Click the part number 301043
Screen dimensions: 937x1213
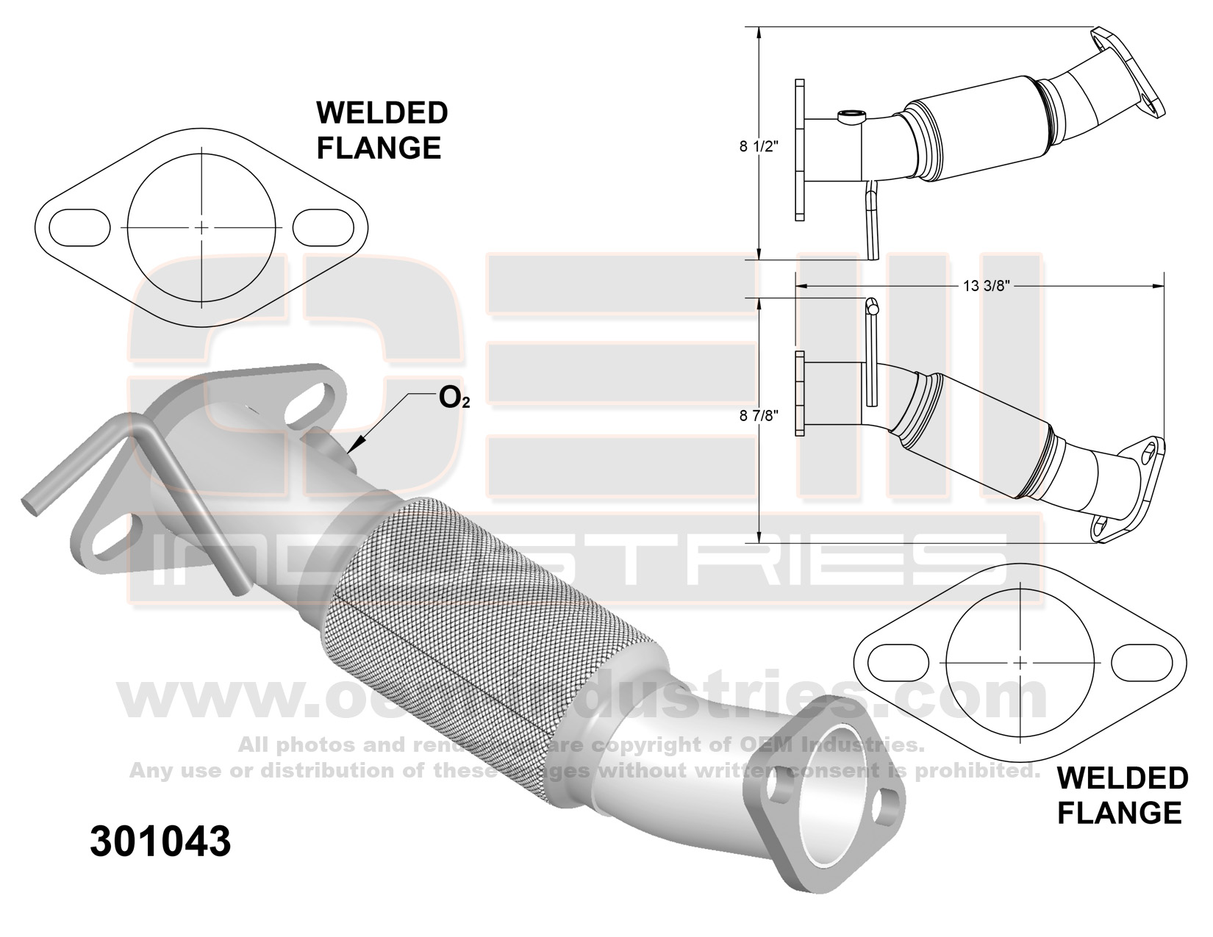[160, 841]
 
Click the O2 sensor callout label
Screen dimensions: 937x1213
[454, 398]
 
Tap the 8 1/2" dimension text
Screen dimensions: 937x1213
[759, 146]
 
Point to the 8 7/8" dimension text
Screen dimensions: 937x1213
[759, 415]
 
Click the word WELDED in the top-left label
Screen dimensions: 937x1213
[382, 113]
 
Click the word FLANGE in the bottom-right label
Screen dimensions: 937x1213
[1119, 812]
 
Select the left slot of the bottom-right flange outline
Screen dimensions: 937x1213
[898, 662]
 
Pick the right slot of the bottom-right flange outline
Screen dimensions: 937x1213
[1141, 662]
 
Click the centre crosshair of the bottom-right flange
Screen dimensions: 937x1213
[1020, 662]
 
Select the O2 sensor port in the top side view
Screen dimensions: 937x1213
[851, 115]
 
